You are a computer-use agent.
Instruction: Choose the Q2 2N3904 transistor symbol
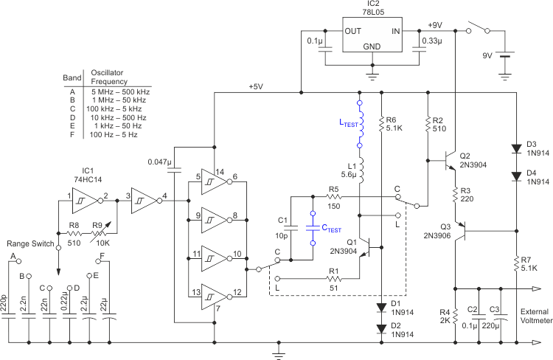point(451,159)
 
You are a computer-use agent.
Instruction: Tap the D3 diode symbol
point(513,147)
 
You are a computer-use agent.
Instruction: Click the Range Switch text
point(29,243)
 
